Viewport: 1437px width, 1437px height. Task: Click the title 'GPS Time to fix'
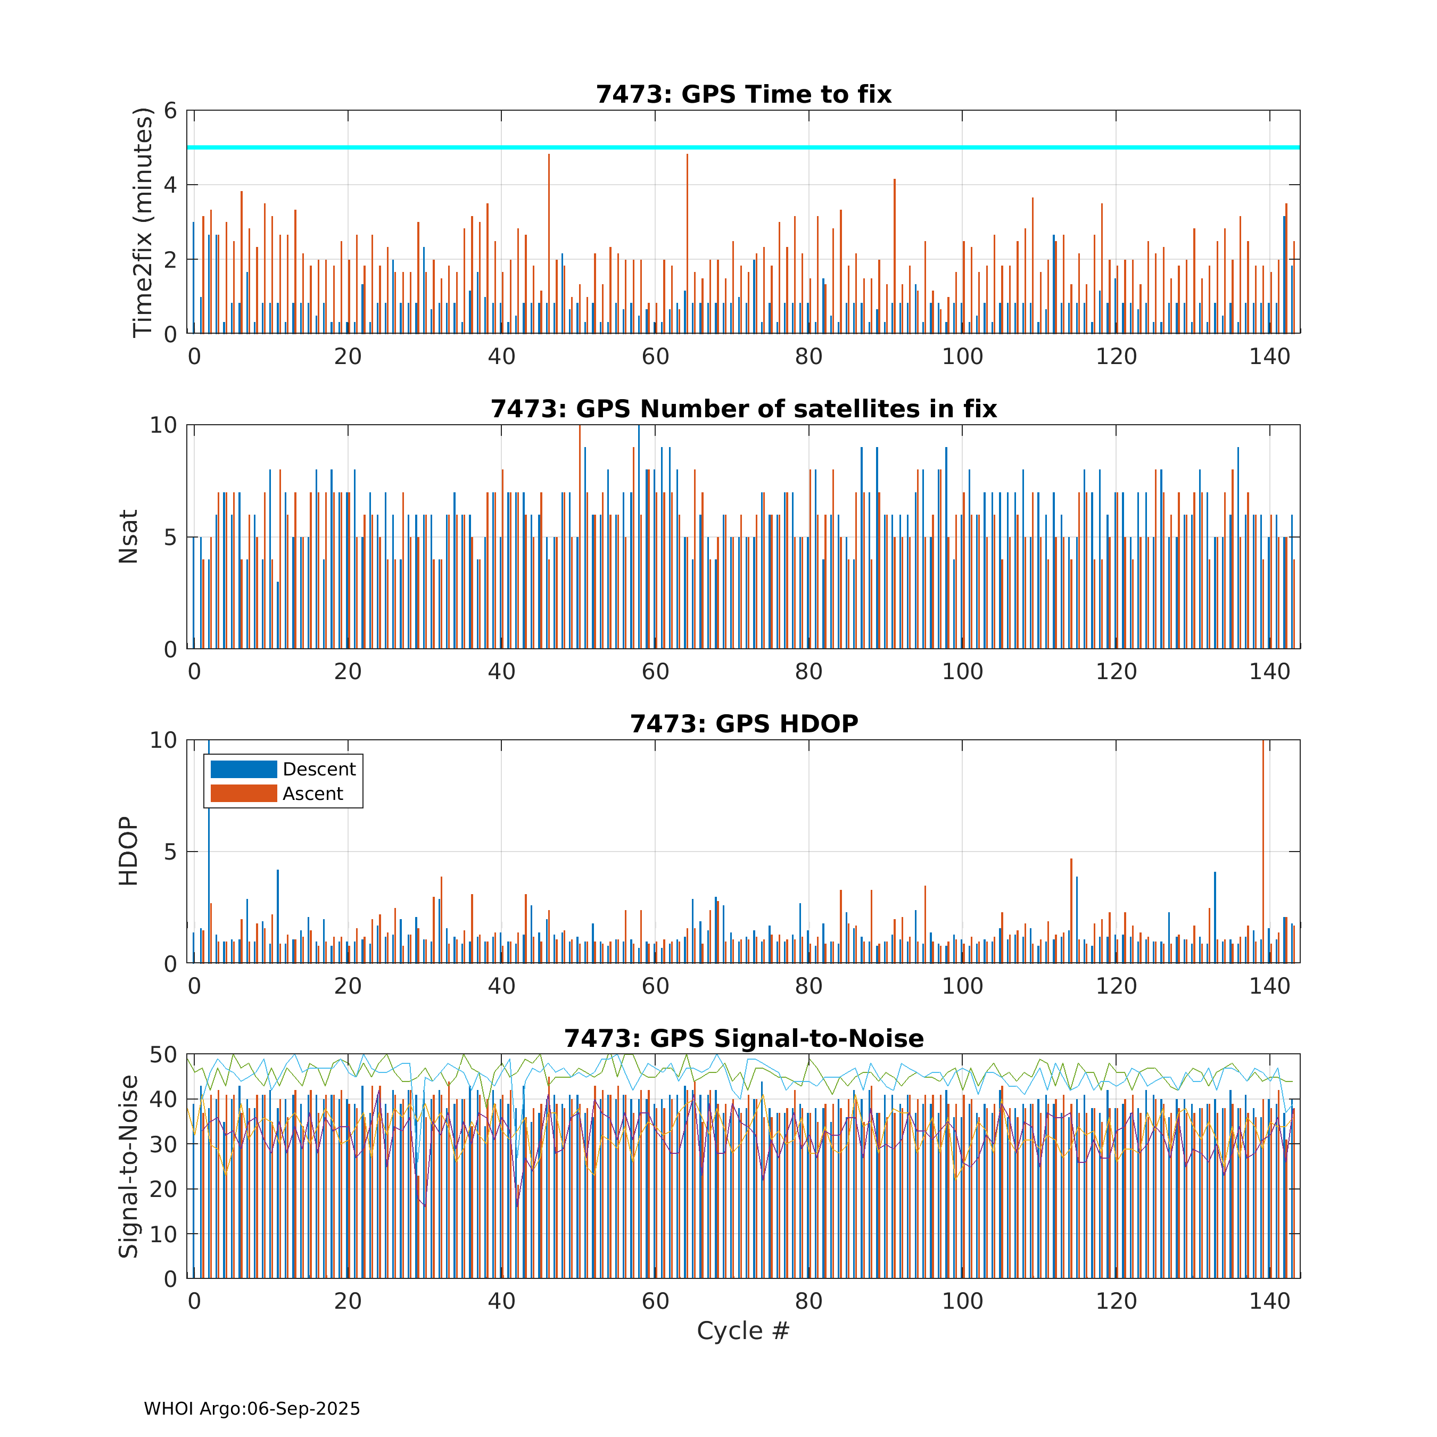click(x=786, y=95)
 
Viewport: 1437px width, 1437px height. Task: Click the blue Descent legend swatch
click(x=244, y=769)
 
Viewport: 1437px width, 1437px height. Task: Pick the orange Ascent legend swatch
click(x=244, y=794)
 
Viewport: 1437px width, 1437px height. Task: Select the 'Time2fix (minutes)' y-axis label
click(x=142, y=222)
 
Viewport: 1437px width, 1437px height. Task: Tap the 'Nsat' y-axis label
click(x=129, y=537)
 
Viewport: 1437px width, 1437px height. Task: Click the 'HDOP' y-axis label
click(x=129, y=852)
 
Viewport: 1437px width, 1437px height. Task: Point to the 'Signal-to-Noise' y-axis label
click(x=129, y=1166)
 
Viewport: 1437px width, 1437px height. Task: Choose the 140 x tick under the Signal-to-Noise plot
click(x=1270, y=1302)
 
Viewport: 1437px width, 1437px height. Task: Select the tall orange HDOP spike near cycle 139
click(x=1263, y=852)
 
